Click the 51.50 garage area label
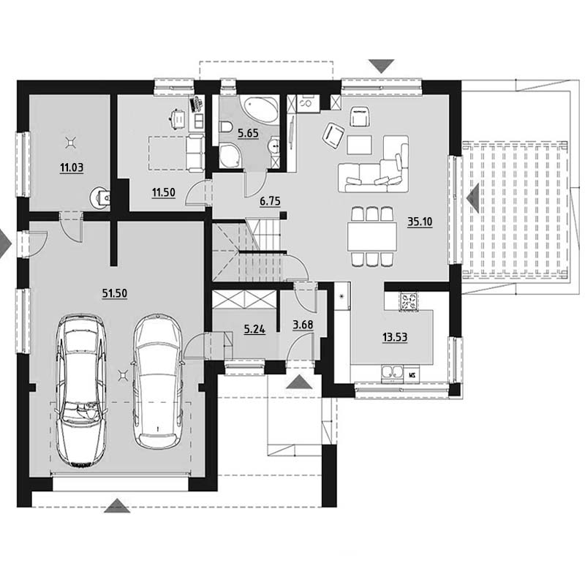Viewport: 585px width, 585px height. (x=115, y=294)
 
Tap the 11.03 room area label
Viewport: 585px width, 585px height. (x=72, y=167)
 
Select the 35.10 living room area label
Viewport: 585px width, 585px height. (x=420, y=222)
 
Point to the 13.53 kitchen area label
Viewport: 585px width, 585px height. (x=395, y=337)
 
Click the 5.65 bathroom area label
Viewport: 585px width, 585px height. (x=248, y=133)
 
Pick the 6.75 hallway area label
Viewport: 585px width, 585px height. (x=270, y=202)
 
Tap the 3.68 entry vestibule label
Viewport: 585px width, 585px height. (x=303, y=325)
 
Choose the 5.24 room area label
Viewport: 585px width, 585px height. (x=254, y=330)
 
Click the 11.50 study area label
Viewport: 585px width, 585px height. (x=163, y=192)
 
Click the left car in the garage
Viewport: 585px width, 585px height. (x=81, y=390)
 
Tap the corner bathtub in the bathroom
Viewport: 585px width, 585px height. (x=260, y=108)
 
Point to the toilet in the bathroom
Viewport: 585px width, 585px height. (x=226, y=127)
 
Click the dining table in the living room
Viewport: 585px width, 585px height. (x=372, y=236)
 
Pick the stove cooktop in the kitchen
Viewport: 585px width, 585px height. (x=409, y=302)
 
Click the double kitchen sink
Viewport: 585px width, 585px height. (x=393, y=374)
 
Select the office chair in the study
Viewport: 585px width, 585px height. (x=178, y=118)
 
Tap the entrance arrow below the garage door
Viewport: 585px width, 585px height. (x=117, y=505)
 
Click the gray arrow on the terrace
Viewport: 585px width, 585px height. (x=472, y=199)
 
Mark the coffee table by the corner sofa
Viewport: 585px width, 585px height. (x=359, y=145)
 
